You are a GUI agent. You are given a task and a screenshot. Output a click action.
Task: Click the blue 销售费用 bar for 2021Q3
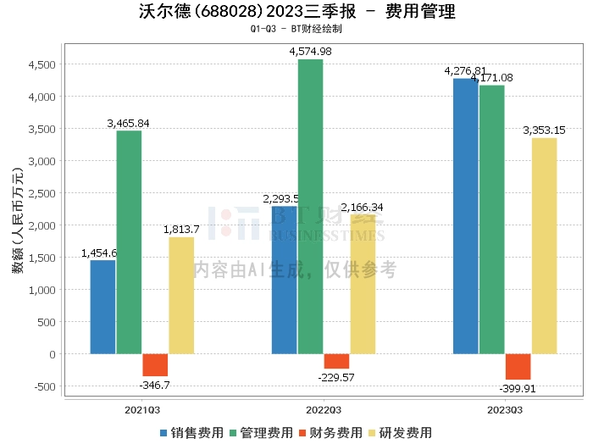pyautogui.click(x=103, y=307)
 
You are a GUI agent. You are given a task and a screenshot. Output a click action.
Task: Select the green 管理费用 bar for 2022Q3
pyautogui.click(x=311, y=207)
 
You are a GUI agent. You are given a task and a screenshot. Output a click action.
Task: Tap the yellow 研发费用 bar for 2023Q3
pyautogui.click(x=544, y=246)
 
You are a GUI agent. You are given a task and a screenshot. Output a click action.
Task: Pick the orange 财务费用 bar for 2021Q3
pyautogui.click(x=155, y=365)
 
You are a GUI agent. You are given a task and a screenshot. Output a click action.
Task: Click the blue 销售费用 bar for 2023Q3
pyautogui.click(x=465, y=216)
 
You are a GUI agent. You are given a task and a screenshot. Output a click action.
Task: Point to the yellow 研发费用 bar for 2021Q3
pyautogui.click(x=181, y=295)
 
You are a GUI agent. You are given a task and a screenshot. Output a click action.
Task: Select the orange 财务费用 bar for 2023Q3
pyautogui.click(x=518, y=367)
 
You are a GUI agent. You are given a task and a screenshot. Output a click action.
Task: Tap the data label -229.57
pyautogui.click(x=336, y=377)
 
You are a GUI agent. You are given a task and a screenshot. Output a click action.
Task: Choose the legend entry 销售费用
pyautogui.click(x=191, y=432)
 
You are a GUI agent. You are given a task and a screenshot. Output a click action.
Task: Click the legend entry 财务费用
pyautogui.click(x=330, y=432)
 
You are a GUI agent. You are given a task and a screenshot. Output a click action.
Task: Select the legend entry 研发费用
pyautogui.click(x=400, y=432)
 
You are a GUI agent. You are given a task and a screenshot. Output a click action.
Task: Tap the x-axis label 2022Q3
pyautogui.click(x=324, y=409)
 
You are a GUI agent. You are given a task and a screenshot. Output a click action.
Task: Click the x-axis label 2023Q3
pyautogui.click(x=505, y=409)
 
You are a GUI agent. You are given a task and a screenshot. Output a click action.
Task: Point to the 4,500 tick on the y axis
pyautogui.click(x=42, y=64)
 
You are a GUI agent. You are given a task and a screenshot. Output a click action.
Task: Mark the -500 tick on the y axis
pyautogui.click(x=43, y=386)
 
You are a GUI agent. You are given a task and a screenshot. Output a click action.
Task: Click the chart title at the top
pyautogui.click(x=296, y=12)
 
